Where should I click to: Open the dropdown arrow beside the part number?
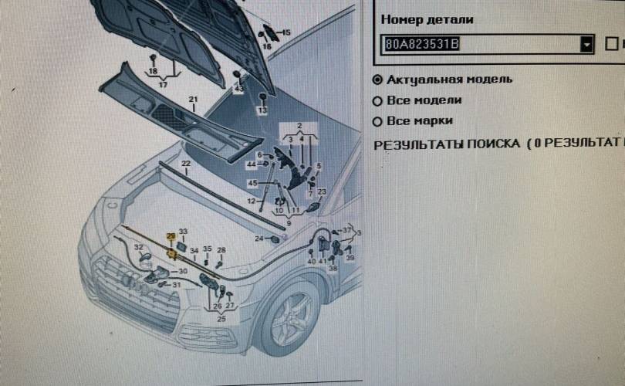[587, 45]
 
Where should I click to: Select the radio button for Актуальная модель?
[377, 80]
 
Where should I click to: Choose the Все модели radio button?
[377, 100]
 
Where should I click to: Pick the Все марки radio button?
[377, 121]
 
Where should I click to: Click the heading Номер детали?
[427, 19]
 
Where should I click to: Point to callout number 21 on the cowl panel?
[194, 100]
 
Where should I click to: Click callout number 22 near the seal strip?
[186, 164]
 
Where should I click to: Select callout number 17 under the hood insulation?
[163, 84]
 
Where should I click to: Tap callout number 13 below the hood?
[262, 110]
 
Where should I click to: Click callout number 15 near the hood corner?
[286, 32]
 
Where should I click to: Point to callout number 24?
[258, 239]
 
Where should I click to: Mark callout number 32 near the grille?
[138, 247]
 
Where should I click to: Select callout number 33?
[183, 232]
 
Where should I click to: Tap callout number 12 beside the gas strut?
[251, 201]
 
